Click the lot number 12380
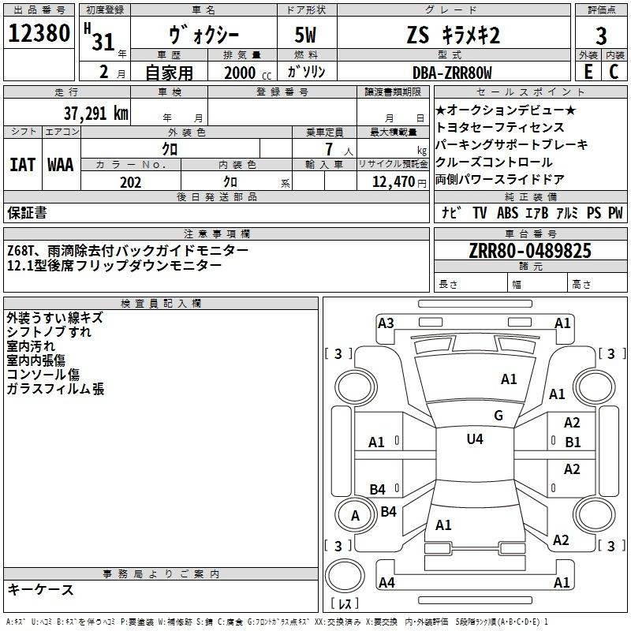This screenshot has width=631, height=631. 39,34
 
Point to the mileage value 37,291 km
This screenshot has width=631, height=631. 95,113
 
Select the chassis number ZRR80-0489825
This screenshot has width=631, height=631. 529,251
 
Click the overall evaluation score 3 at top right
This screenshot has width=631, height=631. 601,35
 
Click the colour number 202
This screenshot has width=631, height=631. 130,182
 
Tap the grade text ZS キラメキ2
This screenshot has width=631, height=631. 453,35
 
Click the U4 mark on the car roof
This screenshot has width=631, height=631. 474,439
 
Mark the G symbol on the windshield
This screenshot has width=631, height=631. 498,416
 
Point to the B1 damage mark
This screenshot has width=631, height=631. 573,442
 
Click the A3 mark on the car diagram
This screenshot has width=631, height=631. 386,323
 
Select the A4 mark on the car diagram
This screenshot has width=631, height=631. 386,583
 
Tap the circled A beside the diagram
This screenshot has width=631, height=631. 355,515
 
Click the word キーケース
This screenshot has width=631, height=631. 40,589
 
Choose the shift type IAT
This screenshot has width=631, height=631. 22,165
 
